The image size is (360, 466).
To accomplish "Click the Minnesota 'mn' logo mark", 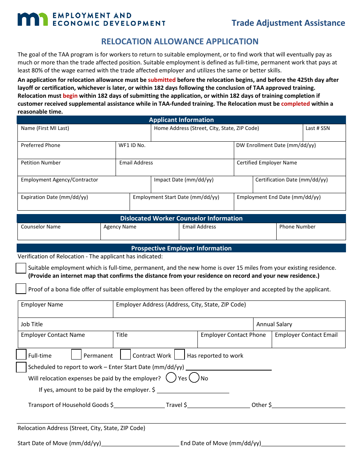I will pos(33,19).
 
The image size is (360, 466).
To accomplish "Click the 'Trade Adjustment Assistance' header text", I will pos(288,23).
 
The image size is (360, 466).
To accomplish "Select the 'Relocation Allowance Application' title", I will pos(180,42).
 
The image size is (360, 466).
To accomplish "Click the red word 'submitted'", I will pos(161,80).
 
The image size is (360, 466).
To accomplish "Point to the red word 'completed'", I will pos(295,104).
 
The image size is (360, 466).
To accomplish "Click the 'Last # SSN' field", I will pos(324,133).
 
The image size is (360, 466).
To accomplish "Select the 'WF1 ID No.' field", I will pos(174,150).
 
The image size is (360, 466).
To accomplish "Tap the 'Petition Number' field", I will pos(66,167).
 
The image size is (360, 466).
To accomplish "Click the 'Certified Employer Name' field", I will pos(290,167).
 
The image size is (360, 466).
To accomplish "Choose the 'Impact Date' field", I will pos(202,185).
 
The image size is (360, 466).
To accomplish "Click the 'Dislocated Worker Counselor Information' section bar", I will pos(181,219).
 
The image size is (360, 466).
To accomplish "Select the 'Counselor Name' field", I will pos(59,231).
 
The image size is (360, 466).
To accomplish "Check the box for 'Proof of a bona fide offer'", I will pos(21,289).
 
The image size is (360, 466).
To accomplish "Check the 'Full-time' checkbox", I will pos(21,355).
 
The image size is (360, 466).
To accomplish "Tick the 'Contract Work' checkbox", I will pos(125,355).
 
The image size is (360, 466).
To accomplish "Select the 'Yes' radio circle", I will pos(171,378).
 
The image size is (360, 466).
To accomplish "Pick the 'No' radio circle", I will pos(194,378).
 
